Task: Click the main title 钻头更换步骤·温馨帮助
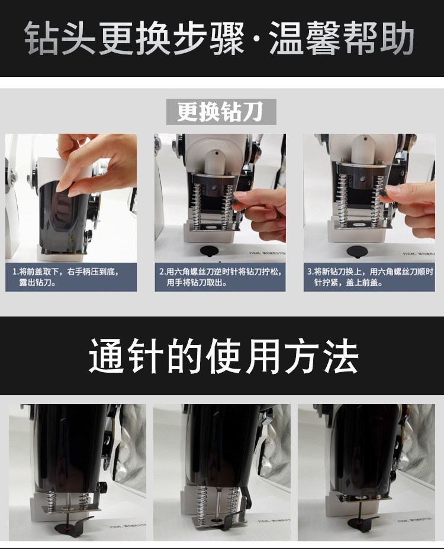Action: click(220, 38)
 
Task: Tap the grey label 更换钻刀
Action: click(221, 112)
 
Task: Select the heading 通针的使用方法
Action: click(223, 356)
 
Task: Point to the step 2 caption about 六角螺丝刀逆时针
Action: click(220, 277)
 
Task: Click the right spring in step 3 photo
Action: click(378, 201)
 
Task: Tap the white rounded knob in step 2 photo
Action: click(215, 162)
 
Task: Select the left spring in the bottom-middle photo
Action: click(202, 503)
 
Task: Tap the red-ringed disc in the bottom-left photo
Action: click(67, 528)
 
